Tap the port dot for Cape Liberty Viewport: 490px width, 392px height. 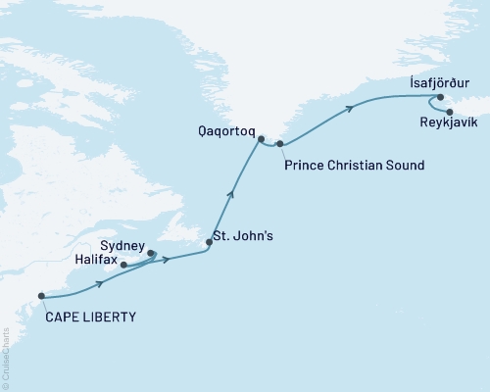(41, 295)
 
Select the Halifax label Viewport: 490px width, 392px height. (94, 262)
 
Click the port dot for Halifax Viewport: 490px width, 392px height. (123, 265)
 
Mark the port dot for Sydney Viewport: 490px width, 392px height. (152, 254)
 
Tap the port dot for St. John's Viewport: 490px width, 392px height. (209, 241)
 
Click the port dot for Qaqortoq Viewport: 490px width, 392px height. (260, 139)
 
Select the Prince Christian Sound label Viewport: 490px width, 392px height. (354, 166)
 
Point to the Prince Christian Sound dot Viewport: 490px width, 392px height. (280, 145)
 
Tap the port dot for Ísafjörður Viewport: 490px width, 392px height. (440, 97)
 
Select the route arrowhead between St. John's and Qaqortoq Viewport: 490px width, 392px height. (231, 193)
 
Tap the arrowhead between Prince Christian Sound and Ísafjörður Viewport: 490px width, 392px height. (348, 113)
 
